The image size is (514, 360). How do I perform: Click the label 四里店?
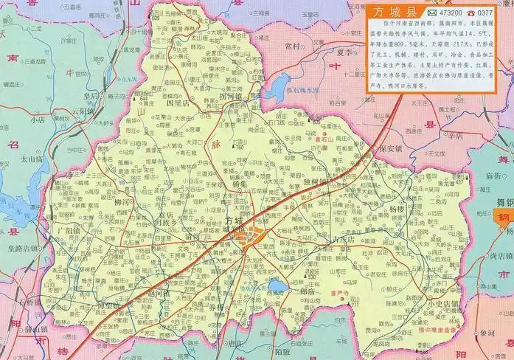(x=179, y=104)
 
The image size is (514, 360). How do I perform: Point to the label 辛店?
(x=454, y=135)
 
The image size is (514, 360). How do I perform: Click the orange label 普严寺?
(x=340, y=292)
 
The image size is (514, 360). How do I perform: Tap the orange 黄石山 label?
(x=303, y=138)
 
